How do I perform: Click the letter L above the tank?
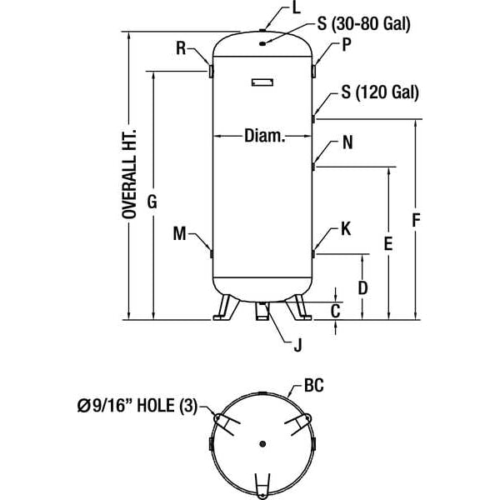(x=273, y=9)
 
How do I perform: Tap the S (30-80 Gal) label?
(x=363, y=24)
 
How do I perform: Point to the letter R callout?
(x=182, y=48)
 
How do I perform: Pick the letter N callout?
(x=347, y=142)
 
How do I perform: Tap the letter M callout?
(x=179, y=234)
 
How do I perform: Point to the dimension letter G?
(x=152, y=202)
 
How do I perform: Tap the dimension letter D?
(x=363, y=288)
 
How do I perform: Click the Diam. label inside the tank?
(x=265, y=136)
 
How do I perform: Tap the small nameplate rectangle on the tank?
(x=261, y=81)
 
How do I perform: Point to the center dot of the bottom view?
(x=261, y=442)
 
